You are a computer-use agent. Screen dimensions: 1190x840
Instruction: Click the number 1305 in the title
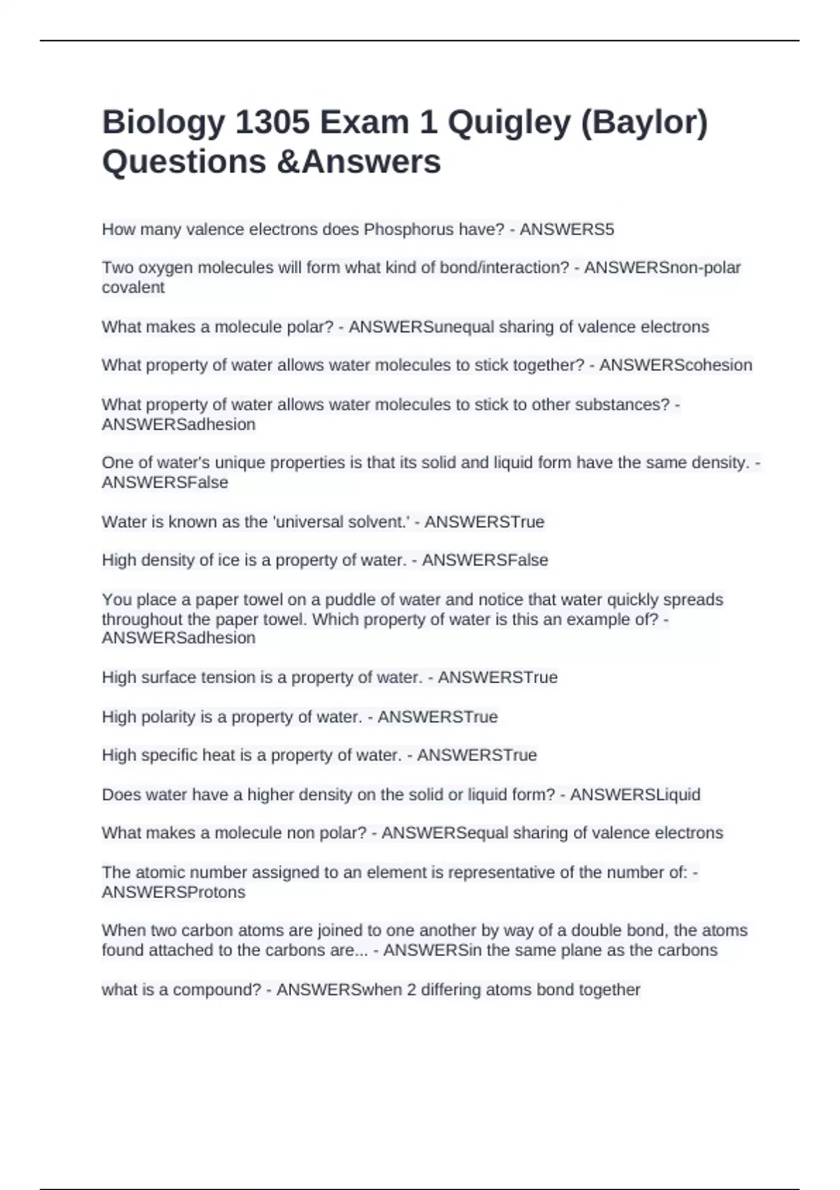point(272,122)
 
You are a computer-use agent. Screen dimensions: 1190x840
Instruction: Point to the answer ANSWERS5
point(566,230)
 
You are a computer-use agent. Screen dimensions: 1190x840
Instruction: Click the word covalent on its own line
point(133,288)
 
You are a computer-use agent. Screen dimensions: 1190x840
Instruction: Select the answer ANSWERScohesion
point(675,365)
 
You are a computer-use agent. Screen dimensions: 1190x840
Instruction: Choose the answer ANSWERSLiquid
point(635,795)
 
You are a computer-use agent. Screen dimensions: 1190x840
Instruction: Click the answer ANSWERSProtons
point(174,892)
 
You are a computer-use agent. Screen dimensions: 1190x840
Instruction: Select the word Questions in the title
point(184,162)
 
